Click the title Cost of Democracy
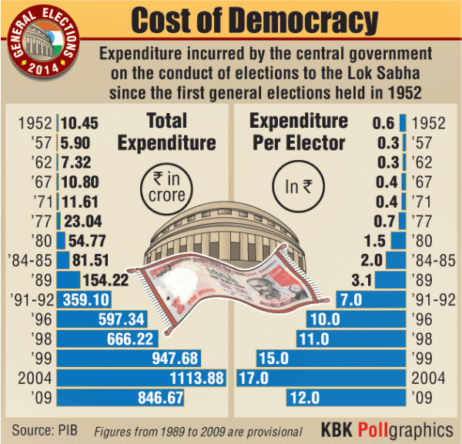tap(254, 21)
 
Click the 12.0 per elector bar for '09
tap(346, 398)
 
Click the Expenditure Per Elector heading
tap(299, 132)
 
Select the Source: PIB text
tap(46, 428)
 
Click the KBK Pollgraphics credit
tap(387, 429)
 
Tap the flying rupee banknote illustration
tap(231, 285)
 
